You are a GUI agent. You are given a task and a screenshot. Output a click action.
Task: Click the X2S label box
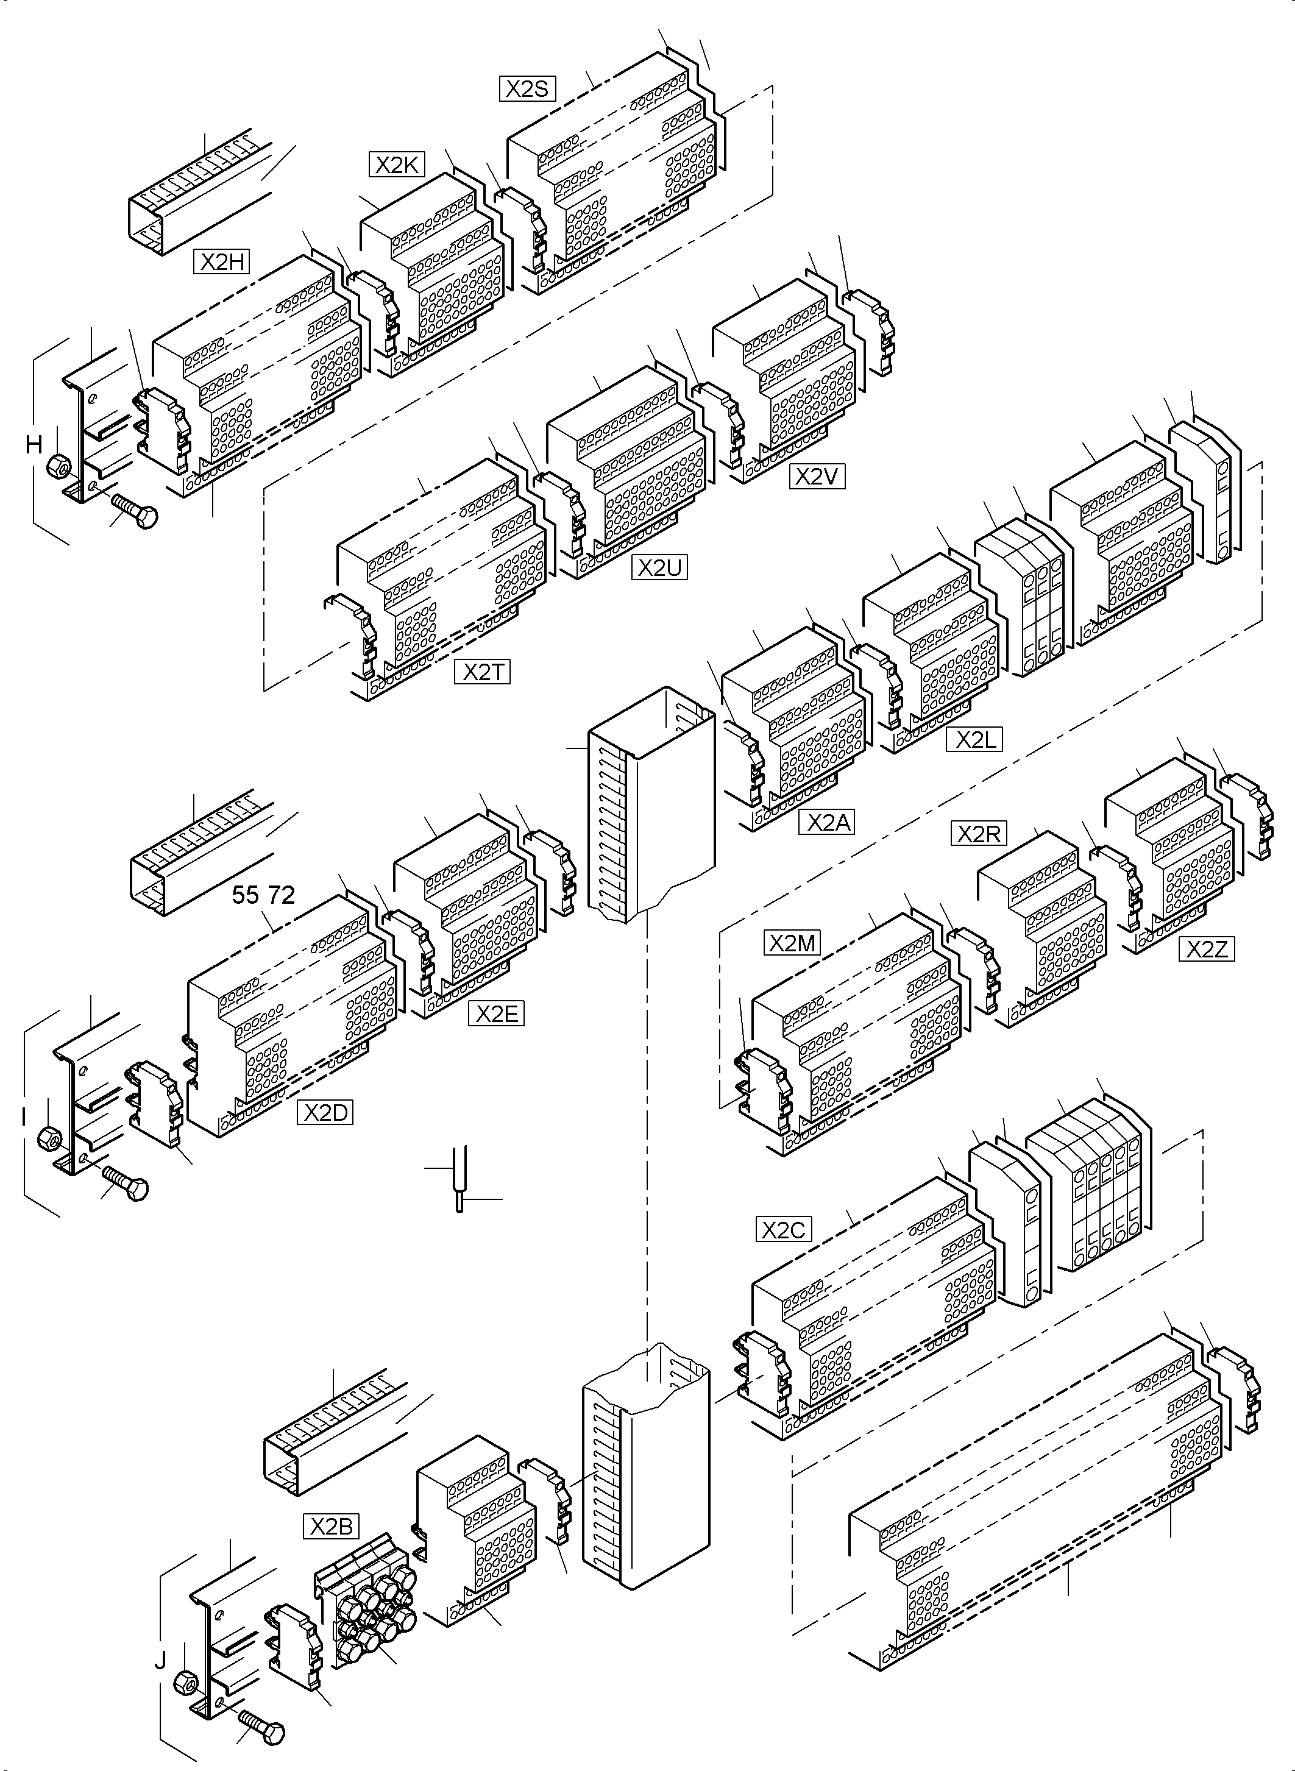(x=527, y=88)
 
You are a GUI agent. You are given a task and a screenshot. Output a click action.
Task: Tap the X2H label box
(x=222, y=262)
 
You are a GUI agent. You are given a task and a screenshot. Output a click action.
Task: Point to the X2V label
(x=817, y=477)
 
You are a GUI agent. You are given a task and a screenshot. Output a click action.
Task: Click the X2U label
(x=659, y=567)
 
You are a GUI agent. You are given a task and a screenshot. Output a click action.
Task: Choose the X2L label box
(x=974, y=740)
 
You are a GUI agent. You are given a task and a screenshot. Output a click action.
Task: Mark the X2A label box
(x=826, y=822)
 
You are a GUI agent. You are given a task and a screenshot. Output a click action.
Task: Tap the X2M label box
(x=792, y=943)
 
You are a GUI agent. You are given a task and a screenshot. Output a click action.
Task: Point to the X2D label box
(x=325, y=1112)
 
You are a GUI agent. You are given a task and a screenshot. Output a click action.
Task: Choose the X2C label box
(x=784, y=1229)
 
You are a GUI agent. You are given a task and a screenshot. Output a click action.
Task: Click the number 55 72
(x=263, y=895)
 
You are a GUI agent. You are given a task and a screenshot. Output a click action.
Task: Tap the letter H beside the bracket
(x=34, y=444)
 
